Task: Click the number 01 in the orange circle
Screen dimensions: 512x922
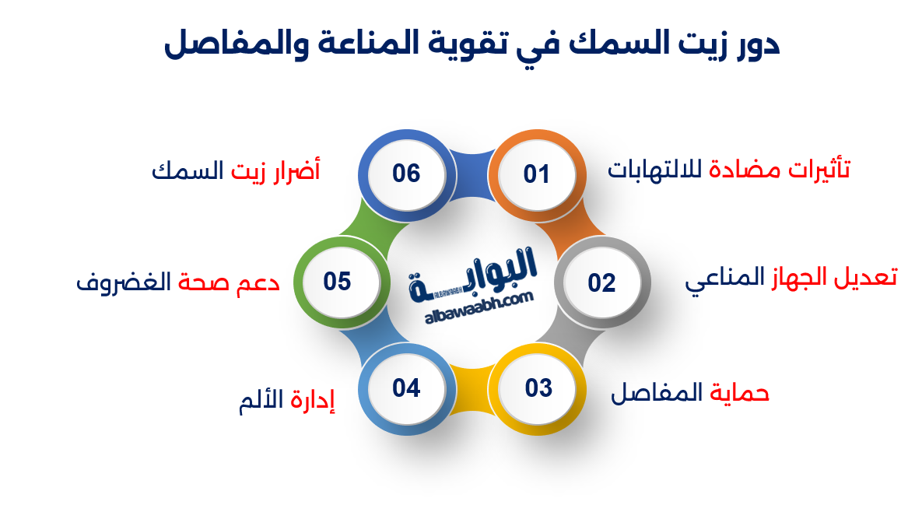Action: pos(536,174)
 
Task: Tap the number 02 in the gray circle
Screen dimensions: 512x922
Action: pos(601,282)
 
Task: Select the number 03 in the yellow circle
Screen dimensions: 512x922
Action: pos(538,387)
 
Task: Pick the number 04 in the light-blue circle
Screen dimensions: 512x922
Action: pos(406,387)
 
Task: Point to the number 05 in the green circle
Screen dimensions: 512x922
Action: pos(338,281)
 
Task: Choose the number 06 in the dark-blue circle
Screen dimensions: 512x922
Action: pos(406,174)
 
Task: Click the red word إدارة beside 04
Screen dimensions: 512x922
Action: pos(313,402)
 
